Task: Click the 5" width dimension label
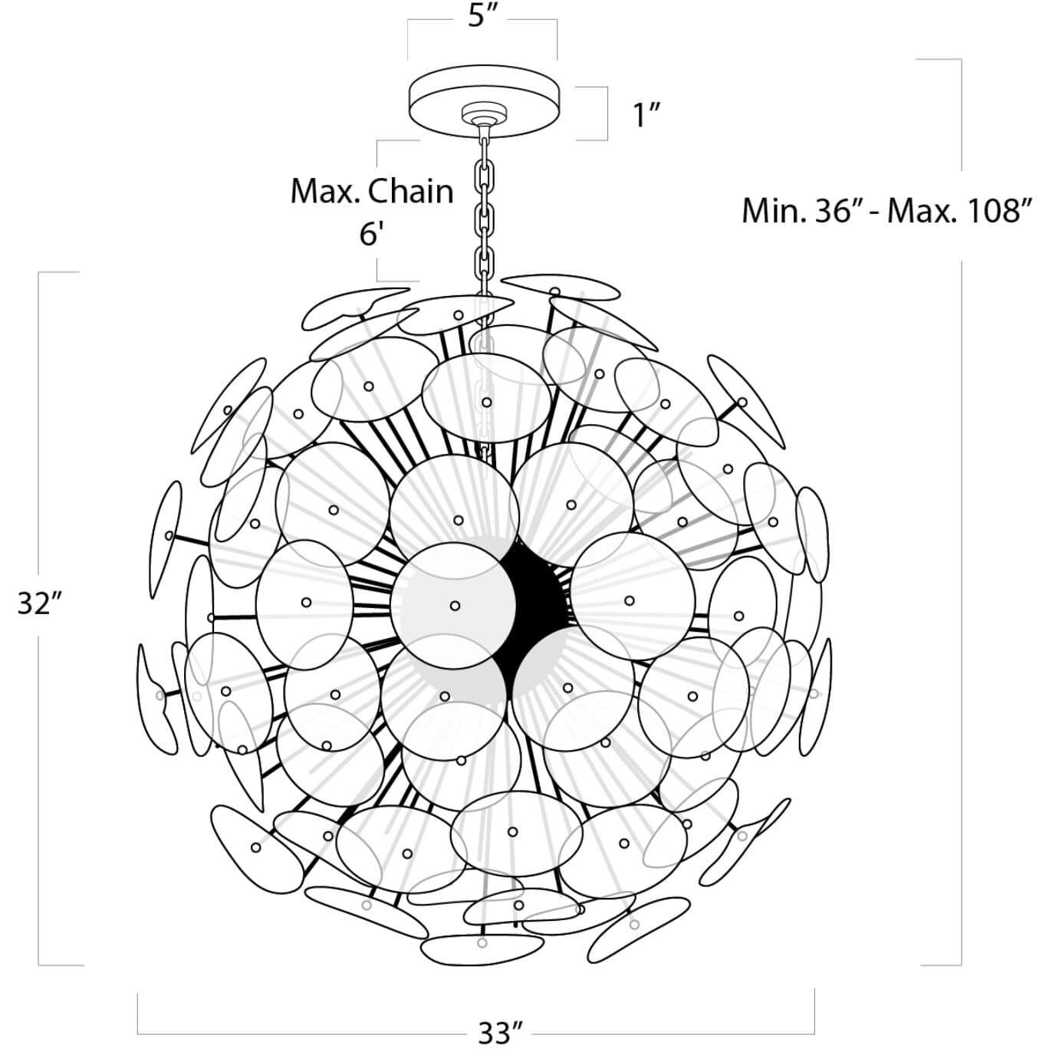click(483, 17)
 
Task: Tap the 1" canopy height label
click(646, 115)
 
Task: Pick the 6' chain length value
click(371, 233)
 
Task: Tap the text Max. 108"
click(960, 210)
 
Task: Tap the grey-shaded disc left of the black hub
click(454, 604)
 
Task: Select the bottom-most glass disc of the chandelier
click(482, 948)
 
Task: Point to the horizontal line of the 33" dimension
click(307, 1033)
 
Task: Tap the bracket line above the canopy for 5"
click(537, 21)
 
